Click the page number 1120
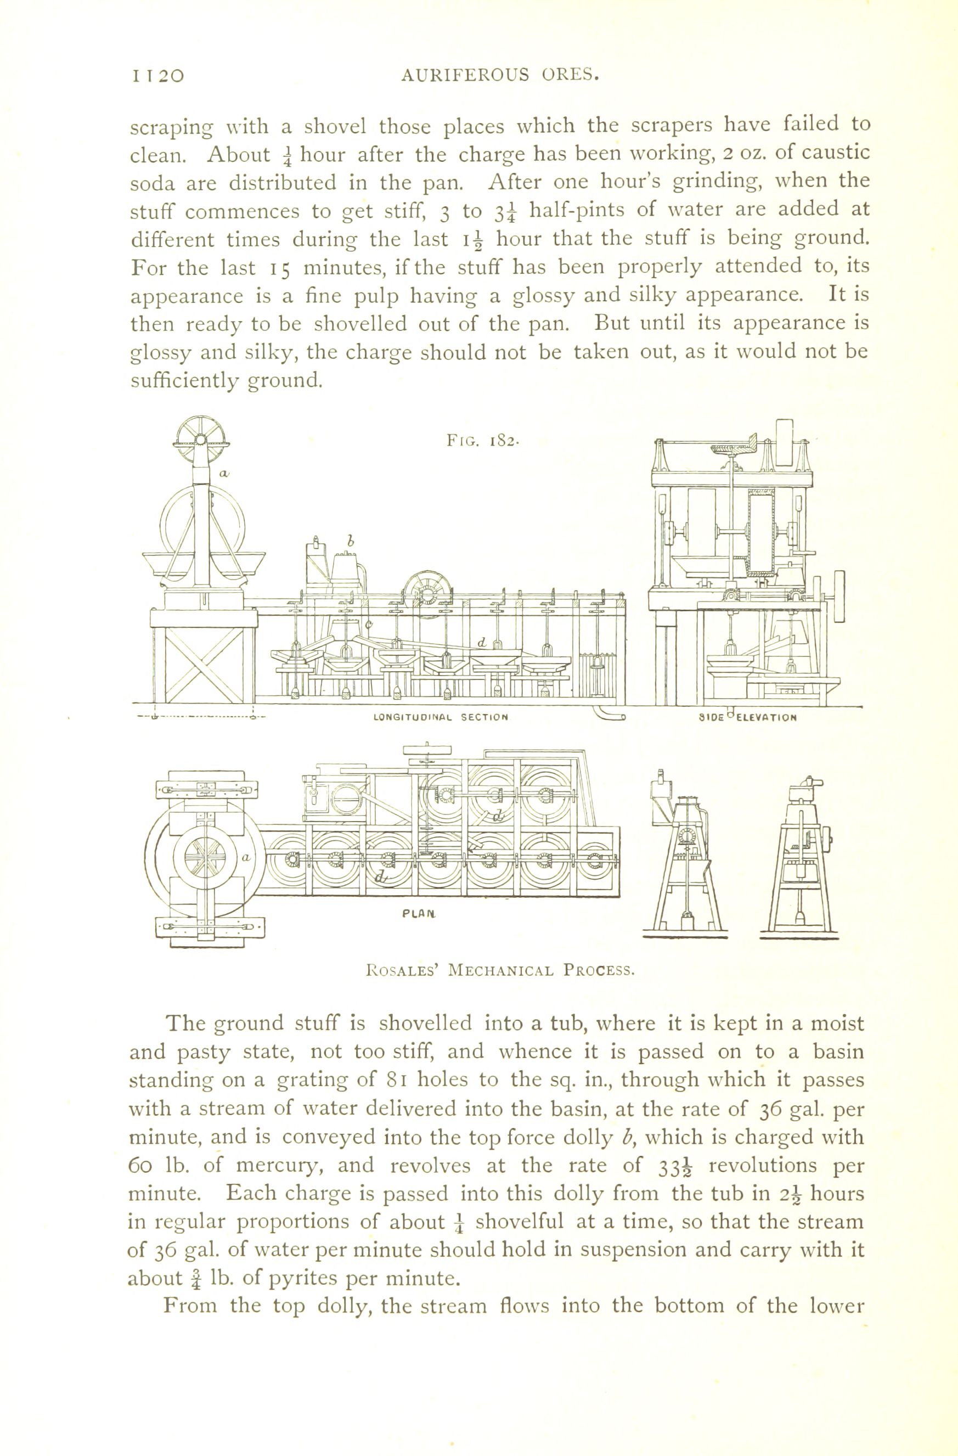(x=157, y=76)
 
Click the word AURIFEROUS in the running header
(x=465, y=75)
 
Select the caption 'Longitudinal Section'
(x=441, y=717)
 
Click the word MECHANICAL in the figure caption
(x=501, y=970)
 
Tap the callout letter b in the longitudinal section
(x=351, y=541)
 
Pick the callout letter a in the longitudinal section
(x=224, y=473)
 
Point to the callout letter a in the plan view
(x=246, y=858)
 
